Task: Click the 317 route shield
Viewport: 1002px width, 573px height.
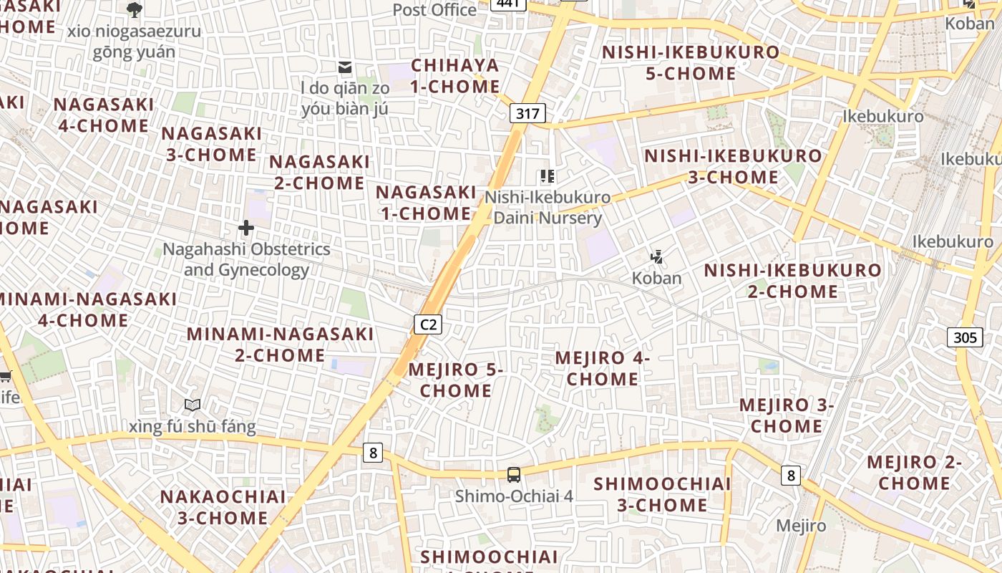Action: [x=527, y=113]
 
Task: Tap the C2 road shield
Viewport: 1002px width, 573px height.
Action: [x=428, y=324]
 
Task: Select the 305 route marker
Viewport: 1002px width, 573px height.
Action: [x=964, y=337]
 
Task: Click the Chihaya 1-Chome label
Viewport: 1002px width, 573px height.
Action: [x=455, y=76]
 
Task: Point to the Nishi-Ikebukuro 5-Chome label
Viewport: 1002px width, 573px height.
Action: [x=691, y=63]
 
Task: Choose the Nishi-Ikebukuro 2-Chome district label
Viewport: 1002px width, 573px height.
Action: [x=793, y=281]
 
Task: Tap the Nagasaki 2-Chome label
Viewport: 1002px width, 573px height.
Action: [x=319, y=172]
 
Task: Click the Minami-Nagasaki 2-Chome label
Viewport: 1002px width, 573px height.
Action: [x=281, y=345]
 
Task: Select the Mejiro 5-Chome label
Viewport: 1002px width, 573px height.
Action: [x=456, y=380]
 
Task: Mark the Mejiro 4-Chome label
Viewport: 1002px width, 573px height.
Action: [x=602, y=368]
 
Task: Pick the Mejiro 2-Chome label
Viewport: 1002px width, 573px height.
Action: [x=914, y=473]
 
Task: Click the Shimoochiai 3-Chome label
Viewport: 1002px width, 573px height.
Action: [x=663, y=494]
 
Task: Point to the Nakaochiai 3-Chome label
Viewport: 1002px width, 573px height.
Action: [x=223, y=507]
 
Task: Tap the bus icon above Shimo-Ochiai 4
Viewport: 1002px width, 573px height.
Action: [x=514, y=474]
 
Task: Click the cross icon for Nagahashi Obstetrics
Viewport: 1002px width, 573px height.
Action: [x=246, y=228]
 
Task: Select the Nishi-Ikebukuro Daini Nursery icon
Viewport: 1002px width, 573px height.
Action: [x=548, y=176]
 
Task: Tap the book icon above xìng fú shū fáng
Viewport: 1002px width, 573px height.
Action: [x=192, y=405]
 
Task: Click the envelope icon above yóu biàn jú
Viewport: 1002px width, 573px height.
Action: [x=345, y=67]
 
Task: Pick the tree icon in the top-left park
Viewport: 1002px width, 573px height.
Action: [x=134, y=10]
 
